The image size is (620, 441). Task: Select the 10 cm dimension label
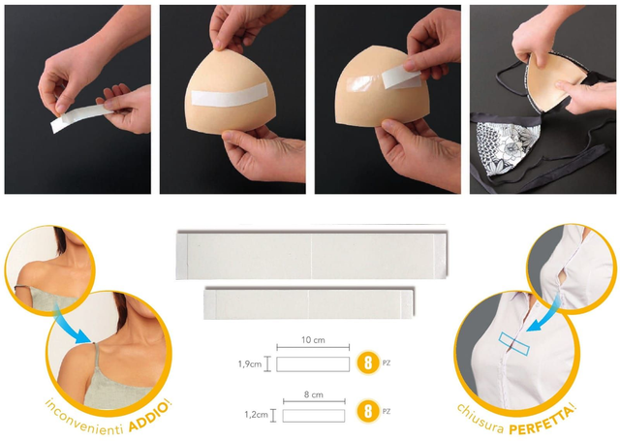(313, 340)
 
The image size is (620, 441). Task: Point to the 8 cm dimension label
(314, 394)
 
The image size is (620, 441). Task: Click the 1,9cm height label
(250, 363)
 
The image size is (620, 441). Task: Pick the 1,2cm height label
(256, 415)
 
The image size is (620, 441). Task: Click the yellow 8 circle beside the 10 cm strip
(368, 362)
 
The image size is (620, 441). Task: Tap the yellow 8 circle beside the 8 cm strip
(368, 411)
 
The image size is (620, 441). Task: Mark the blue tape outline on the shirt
(514, 344)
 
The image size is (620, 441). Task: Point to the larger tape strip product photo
(312, 256)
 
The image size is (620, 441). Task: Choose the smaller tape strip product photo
(309, 303)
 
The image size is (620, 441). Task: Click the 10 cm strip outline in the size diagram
(313, 364)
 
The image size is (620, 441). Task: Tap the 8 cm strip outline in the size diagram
(314, 416)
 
